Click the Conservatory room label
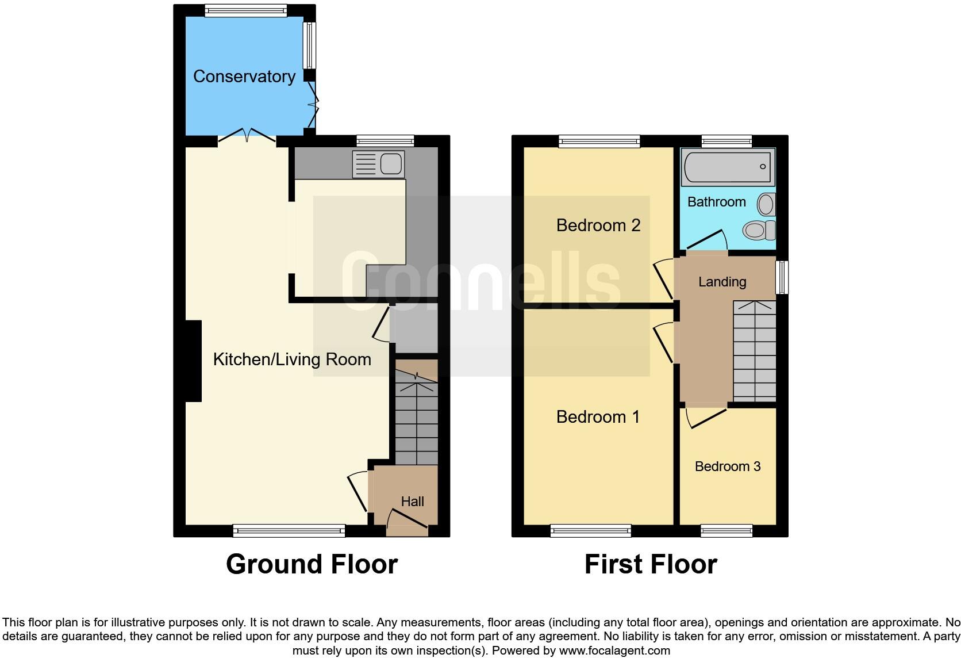(244, 76)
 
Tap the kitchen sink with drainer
(379, 164)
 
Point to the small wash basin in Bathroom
(766, 204)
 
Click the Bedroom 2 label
(598, 225)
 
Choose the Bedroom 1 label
(598, 416)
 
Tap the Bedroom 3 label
(727, 466)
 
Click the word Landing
(722, 282)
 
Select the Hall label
(412, 502)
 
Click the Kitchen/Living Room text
(292, 359)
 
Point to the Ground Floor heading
(312, 564)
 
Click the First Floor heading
(651, 564)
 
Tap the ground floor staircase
(416, 420)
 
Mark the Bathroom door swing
(706, 240)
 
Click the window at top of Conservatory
(245, 10)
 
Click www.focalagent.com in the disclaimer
(614, 651)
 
